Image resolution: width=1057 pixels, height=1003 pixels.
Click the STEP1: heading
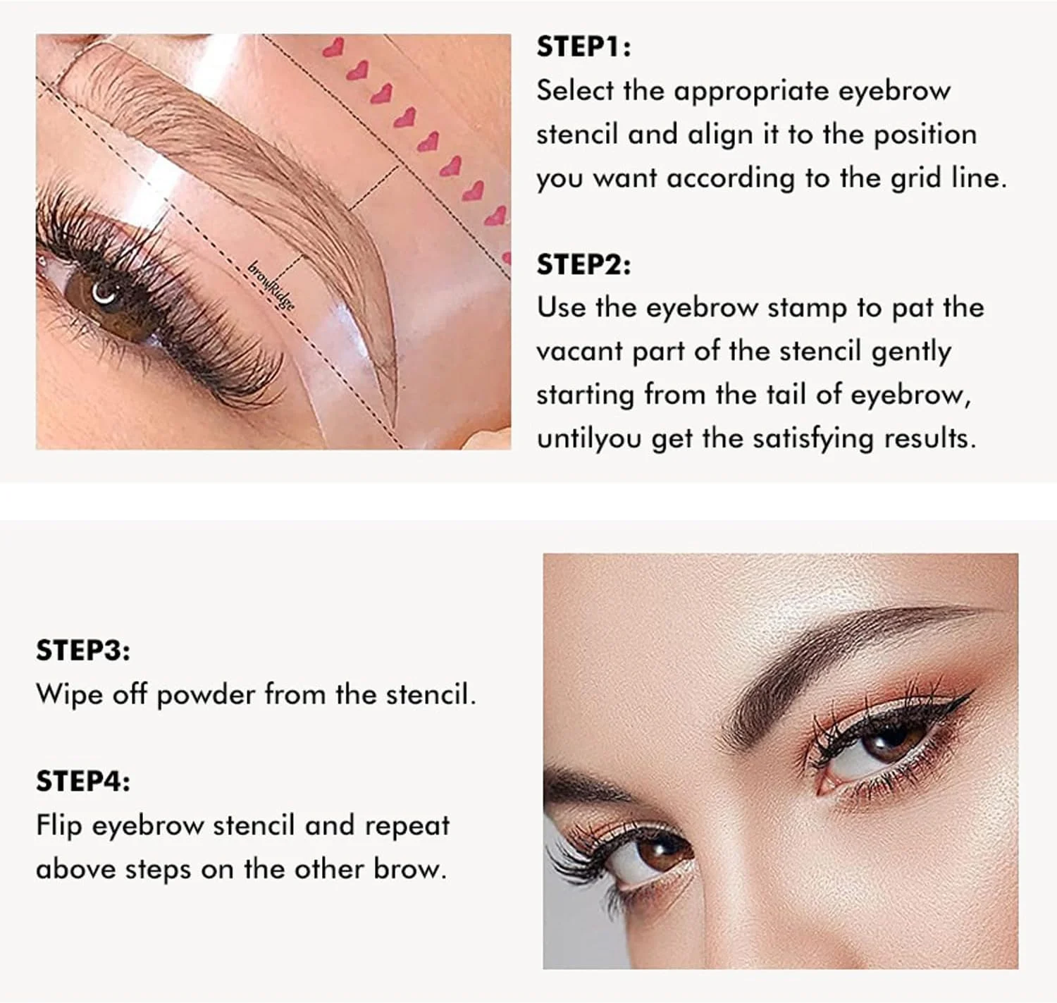583,47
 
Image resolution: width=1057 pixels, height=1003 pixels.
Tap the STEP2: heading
583,264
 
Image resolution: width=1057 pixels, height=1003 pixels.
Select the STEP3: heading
82,650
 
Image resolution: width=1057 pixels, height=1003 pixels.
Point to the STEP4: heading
82,781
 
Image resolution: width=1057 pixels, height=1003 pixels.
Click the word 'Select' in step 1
575,90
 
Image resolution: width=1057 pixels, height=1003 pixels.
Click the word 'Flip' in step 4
58,825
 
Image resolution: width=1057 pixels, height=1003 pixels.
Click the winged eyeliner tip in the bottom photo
974,690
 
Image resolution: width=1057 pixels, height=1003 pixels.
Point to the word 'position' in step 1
925,135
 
